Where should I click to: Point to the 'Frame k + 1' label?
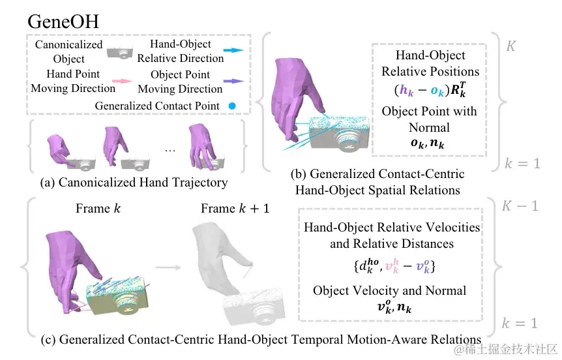click(234, 209)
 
